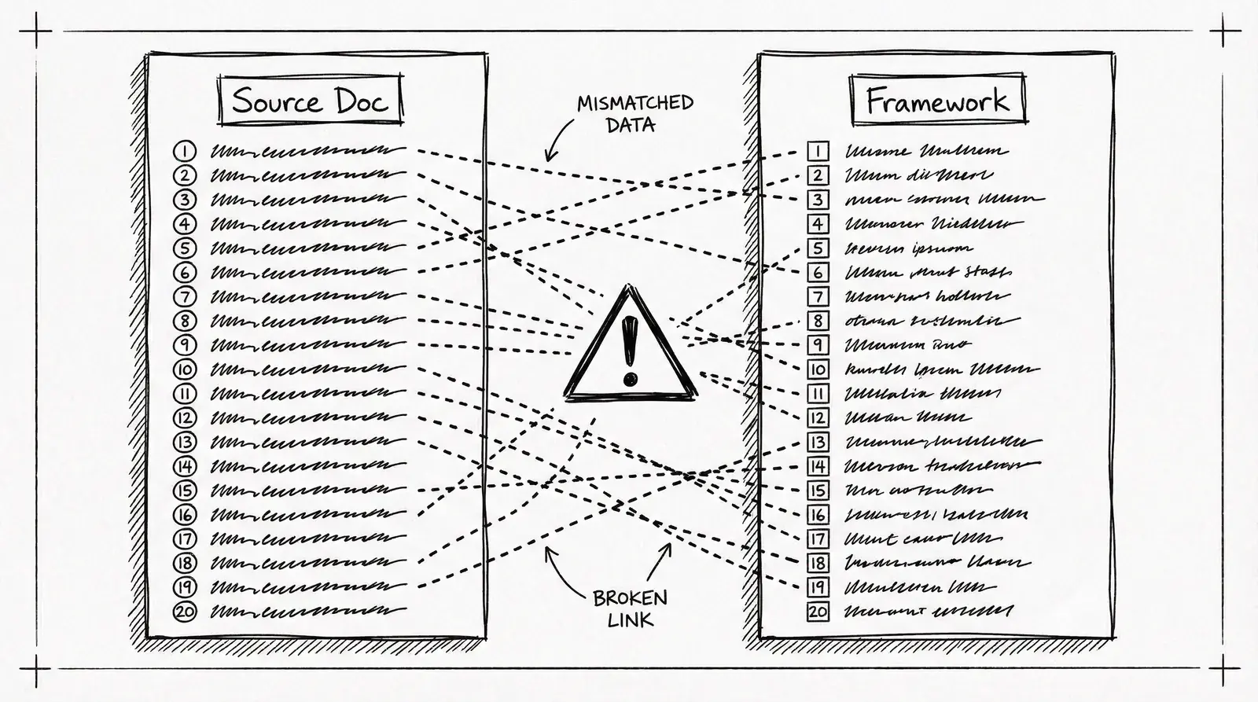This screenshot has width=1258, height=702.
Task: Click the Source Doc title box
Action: click(x=310, y=100)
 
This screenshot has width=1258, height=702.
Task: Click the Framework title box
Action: click(x=938, y=100)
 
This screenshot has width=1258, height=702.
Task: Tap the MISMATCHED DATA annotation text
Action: click(x=635, y=113)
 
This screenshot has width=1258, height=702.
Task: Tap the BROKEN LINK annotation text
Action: click(x=630, y=608)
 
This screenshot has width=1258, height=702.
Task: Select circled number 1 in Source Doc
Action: click(x=184, y=151)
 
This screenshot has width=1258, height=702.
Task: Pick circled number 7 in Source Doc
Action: click(x=184, y=296)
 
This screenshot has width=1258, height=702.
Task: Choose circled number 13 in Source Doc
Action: click(x=184, y=442)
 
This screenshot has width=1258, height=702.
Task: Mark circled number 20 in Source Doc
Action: click(x=184, y=612)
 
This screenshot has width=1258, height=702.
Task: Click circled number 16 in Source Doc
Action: click(x=184, y=515)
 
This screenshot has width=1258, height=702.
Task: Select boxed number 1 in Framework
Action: click(x=818, y=151)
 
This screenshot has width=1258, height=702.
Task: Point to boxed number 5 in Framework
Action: click(x=818, y=248)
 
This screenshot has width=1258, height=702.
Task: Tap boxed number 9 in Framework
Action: click(x=818, y=345)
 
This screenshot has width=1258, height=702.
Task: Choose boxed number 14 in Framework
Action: click(x=818, y=466)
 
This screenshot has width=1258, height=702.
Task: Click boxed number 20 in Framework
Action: click(x=818, y=612)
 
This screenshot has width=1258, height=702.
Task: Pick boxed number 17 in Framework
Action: click(x=818, y=539)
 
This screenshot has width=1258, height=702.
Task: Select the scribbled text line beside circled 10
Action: click(x=307, y=369)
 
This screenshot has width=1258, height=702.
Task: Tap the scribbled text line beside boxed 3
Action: click(x=943, y=200)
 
